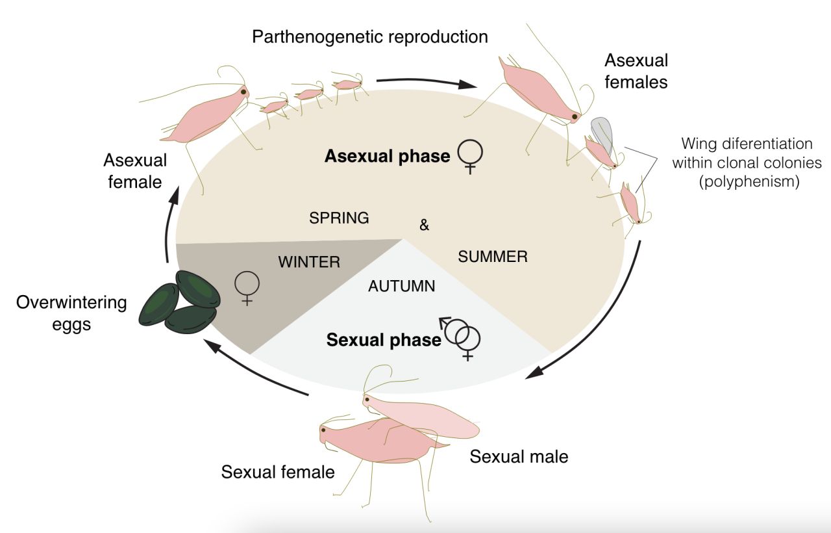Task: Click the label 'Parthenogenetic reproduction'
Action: tap(370, 36)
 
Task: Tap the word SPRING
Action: tap(339, 218)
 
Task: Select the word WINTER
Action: tap(309, 263)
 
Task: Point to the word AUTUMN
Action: tap(401, 286)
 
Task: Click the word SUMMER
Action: tap(493, 257)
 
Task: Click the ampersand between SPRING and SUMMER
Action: tap(425, 226)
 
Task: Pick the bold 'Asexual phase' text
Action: tap(388, 157)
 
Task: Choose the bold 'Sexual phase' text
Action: tap(384, 341)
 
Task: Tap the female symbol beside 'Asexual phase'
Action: tap(470, 159)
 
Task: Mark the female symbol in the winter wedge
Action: tap(247, 288)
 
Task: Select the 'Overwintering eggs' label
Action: tap(71, 313)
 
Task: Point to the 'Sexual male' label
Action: tap(519, 457)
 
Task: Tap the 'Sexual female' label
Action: tap(278, 472)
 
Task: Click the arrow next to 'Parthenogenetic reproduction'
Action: tap(427, 83)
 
